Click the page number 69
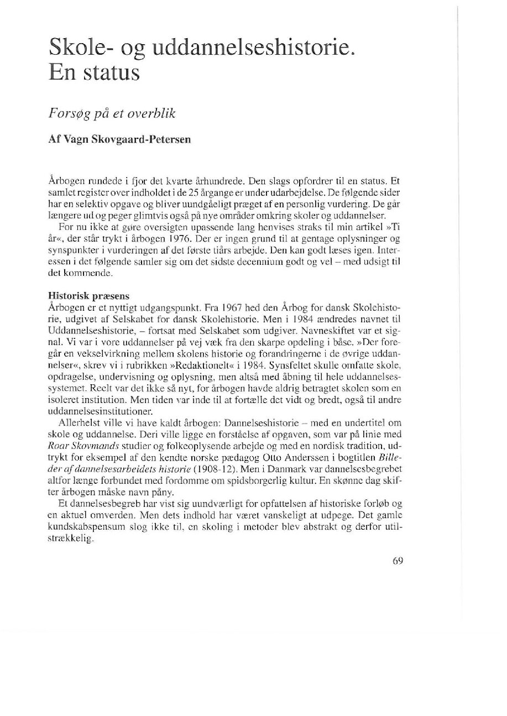click(398, 560)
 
